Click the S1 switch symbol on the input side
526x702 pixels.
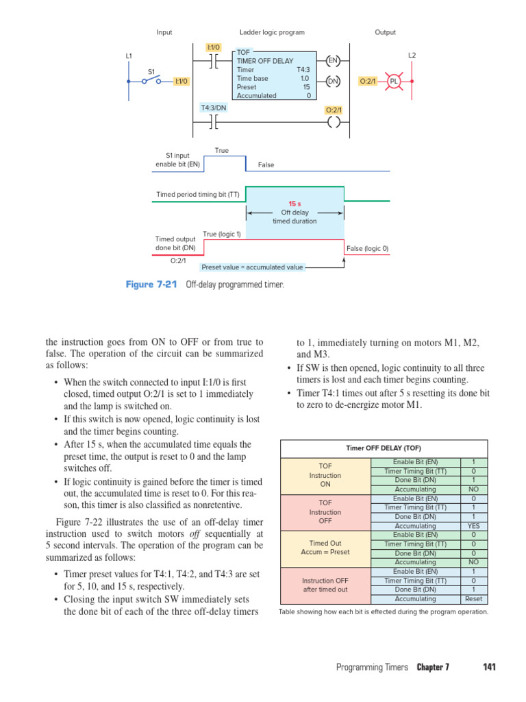[x=151, y=81]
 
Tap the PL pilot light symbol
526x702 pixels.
[x=394, y=81]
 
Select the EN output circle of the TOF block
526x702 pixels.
[x=333, y=61]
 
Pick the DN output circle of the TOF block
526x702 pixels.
[x=333, y=81]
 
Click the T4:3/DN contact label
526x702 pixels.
[x=214, y=108]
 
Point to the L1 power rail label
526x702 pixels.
[x=129, y=56]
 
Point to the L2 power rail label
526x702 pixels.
[x=412, y=55]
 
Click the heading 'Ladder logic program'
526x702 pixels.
[x=272, y=32]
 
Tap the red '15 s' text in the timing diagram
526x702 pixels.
[x=295, y=204]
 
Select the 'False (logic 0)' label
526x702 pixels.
[x=368, y=248]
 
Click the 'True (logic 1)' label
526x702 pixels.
[x=222, y=234]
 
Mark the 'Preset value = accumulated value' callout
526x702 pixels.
[x=252, y=267]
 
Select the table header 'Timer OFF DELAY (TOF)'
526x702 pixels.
[x=383, y=448]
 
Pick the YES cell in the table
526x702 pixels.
[x=473, y=526]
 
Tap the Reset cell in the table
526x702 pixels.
[x=473, y=598]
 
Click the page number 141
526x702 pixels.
[x=489, y=667]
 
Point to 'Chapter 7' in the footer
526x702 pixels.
[x=433, y=667]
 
